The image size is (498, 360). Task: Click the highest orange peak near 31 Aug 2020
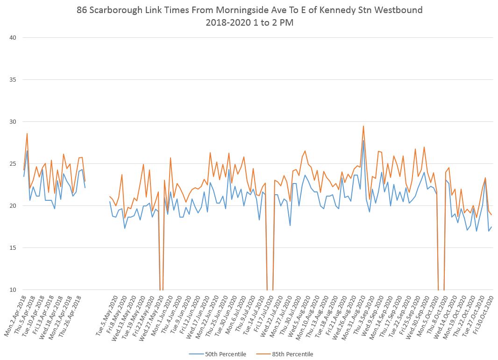pyautogui.click(x=363, y=126)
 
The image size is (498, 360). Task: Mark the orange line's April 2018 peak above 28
pyautogui.click(x=27, y=134)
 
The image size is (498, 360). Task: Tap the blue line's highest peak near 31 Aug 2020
pyautogui.click(x=363, y=141)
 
